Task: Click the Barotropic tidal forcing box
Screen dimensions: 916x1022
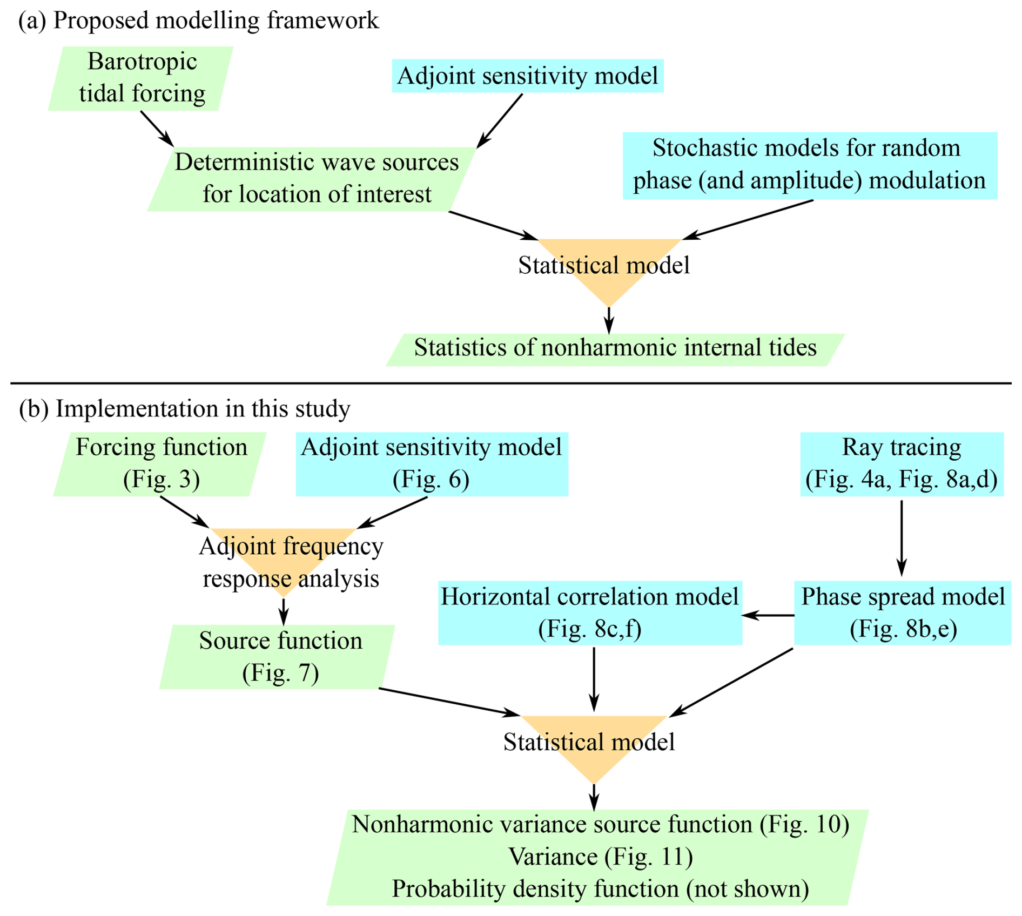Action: [141, 78]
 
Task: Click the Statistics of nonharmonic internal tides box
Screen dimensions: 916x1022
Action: [615, 349]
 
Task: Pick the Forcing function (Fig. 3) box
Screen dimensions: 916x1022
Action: [160, 464]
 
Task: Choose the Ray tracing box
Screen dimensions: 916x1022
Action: [902, 464]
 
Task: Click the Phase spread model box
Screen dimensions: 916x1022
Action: [903, 612]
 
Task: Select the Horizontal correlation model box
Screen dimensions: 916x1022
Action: [590, 612]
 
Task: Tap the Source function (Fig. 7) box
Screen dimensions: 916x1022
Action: [278, 656]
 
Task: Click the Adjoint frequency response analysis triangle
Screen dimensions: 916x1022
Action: [284, 562]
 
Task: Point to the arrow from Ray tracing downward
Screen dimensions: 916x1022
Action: [902, 537]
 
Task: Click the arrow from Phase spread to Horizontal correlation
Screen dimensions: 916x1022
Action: [768, 615]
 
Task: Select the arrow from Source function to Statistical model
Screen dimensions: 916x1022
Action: [448, 702]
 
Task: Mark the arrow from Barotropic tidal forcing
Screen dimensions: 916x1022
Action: [157, 129]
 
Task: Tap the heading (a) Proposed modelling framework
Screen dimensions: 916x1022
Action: [199, 21]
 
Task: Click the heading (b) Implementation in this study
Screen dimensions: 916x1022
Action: [185, 408]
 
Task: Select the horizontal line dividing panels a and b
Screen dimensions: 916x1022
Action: [510, 383]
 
